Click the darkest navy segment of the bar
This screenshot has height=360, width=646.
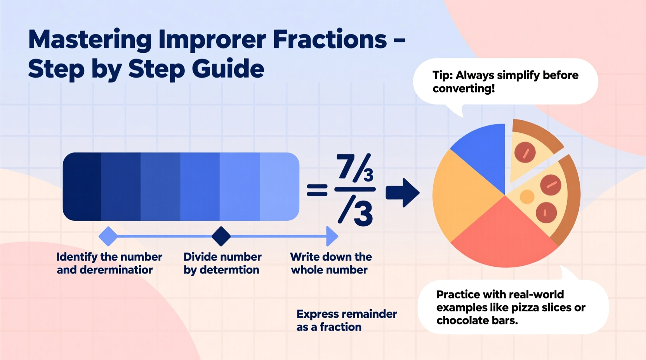click(x=82, y=187)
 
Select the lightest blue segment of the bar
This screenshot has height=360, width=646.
click(x=279, y=187)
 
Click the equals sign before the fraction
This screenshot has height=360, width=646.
click(x=317, y=190)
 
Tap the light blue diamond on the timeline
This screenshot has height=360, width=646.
click(x=108, y=236)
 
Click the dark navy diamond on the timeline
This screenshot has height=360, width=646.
click(x=221, y=236)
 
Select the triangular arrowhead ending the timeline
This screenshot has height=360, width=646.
click(x=332, y=236)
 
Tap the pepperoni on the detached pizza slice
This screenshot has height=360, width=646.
click(x=525, y=152)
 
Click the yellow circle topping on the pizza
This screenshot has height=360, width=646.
click(x=527, y=197)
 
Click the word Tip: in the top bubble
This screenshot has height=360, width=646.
click(x=443, y=75)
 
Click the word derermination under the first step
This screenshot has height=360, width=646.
click(x=116, y=270)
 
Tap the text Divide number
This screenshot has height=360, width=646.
click(x=222, y=257)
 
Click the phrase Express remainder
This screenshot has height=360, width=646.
click(x=347, y=314)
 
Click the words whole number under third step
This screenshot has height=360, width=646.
click(x=329, y=270)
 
